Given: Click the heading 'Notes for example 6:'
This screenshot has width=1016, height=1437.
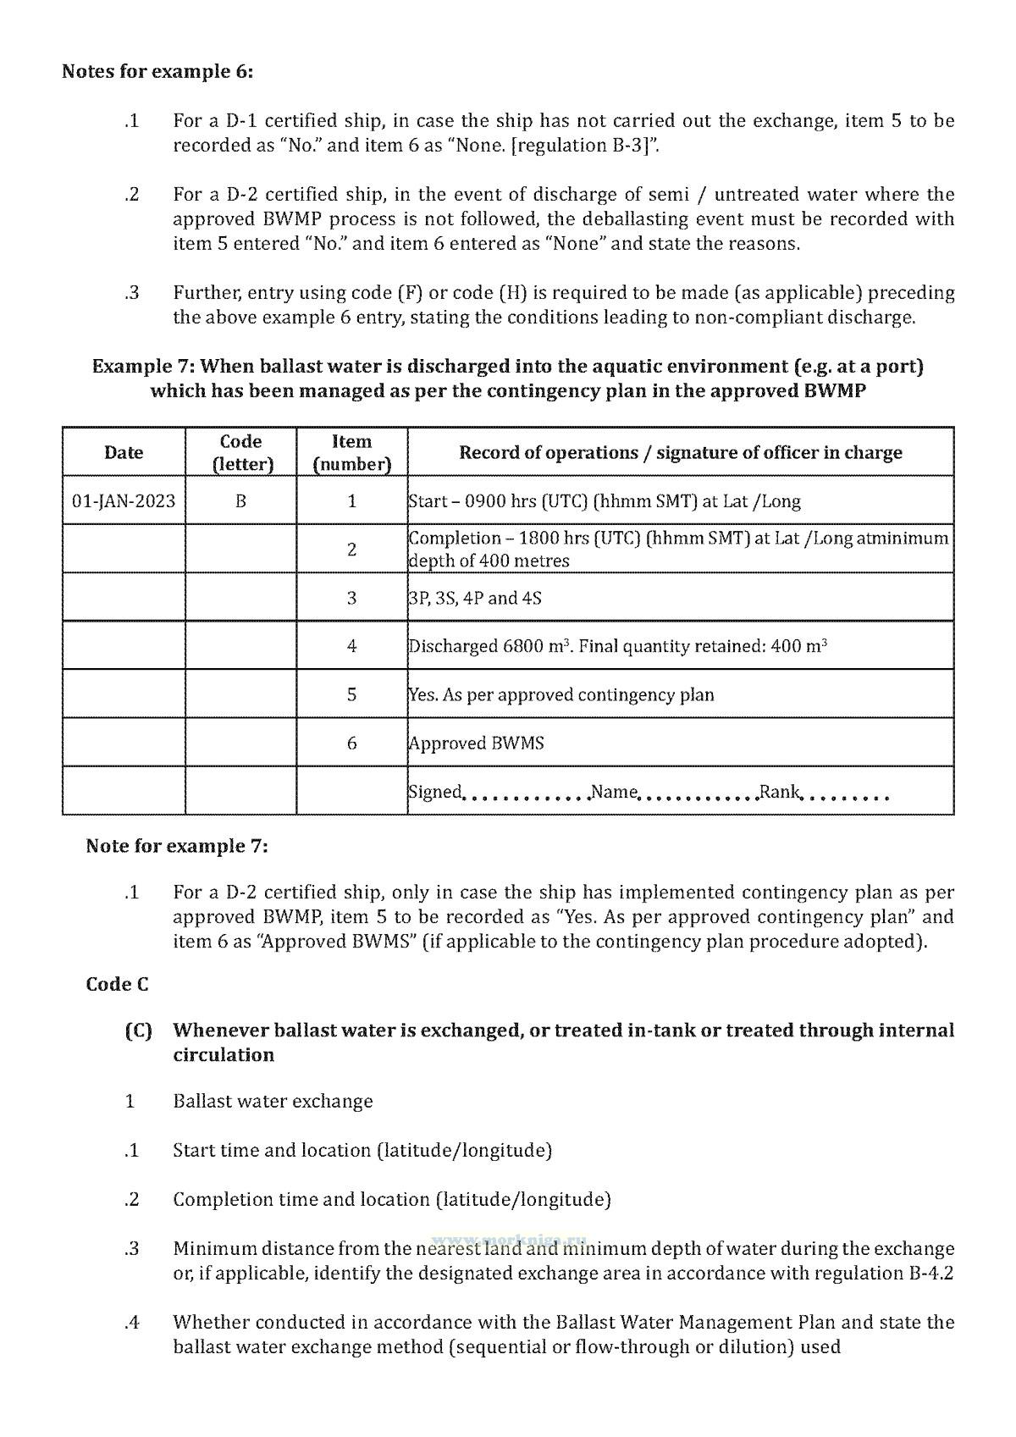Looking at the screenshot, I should coord(157,71).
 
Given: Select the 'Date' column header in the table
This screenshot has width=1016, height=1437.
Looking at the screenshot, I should coord(124,452).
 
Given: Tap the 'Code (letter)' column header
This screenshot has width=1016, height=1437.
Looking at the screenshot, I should coord(241,452).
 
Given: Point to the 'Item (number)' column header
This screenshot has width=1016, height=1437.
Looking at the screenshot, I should coord(351,452).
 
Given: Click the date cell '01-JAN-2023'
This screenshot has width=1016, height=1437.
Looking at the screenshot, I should coord(124,500).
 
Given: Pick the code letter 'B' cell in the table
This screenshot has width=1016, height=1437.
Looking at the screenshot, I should coord(241,500).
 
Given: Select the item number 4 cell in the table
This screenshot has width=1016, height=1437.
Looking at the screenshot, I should coord(351,646).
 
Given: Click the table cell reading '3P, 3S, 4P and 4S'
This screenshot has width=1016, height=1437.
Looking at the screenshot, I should coord(475,598).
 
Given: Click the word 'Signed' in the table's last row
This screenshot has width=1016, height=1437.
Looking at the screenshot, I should coord(435,792).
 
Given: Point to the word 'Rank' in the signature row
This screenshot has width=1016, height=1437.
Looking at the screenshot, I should coord(780,792).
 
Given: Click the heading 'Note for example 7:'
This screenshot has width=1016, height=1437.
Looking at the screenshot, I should coord(176,846).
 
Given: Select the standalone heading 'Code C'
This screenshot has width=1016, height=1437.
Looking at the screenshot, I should coord(117,984).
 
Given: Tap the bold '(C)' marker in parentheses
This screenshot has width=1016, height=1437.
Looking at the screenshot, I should coord(138,1031).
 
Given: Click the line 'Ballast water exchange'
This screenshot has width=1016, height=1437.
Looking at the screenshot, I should coord(273,1101).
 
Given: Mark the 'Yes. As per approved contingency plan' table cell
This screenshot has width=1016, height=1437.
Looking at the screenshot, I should coord(561,695).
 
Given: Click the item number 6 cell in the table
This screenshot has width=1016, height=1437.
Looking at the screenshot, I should coord(351,743).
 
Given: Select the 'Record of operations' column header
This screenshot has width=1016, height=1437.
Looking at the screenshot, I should coord(680,452).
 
